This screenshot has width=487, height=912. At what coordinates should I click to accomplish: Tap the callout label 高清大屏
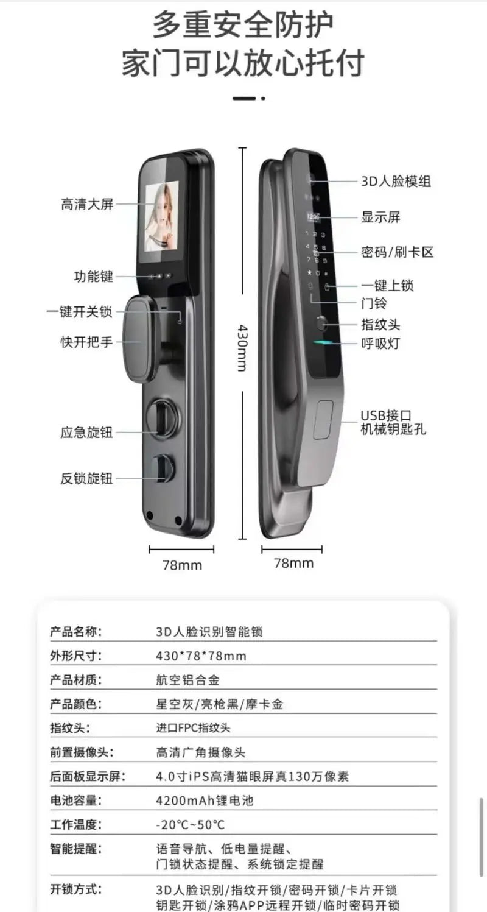87,204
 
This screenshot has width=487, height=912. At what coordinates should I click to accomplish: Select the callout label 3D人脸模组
396,182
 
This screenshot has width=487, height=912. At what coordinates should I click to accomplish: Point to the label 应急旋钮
87,433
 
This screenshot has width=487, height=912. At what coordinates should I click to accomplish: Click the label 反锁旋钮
87,478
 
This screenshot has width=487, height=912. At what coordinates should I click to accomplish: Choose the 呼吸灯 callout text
380,343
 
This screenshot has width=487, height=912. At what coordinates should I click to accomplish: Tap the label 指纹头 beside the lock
380,325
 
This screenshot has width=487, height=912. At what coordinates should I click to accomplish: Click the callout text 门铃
374,303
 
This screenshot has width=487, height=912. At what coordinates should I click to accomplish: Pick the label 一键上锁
388,286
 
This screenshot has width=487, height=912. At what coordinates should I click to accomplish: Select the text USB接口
385,415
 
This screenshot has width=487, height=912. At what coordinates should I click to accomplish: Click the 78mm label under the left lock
181,565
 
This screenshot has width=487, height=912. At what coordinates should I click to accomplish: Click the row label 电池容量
75,801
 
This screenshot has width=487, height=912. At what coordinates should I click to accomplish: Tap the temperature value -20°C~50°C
190,825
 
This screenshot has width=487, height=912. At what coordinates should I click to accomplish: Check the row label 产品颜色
75,704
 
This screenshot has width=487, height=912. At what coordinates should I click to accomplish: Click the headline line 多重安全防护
243,26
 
